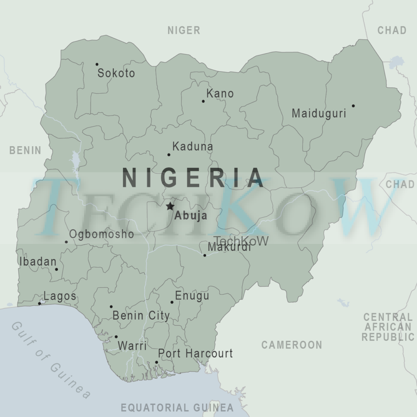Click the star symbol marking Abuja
(x=170, y=206)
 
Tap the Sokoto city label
(x=116, y=73)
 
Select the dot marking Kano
(x=203, y=101)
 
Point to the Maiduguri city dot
(x=353, y=106)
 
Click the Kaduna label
(x=193, y=147)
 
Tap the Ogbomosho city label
(x=101, y=234)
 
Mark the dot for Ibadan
(x=57, y=269)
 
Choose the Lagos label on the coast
(x=60, y=296)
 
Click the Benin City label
(x=141, y=315)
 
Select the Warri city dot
(x=116, y=337)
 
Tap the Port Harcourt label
(x=195, y=353)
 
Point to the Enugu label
(x=192, y=296)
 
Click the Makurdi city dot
(x=205, y=255)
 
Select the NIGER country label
(x=184, y=30)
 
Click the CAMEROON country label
(x=292, y=345)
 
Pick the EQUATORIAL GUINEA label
(x=177, y=408)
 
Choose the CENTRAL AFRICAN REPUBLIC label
(x=388, y=327)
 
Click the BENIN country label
(x=25, y=150)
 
